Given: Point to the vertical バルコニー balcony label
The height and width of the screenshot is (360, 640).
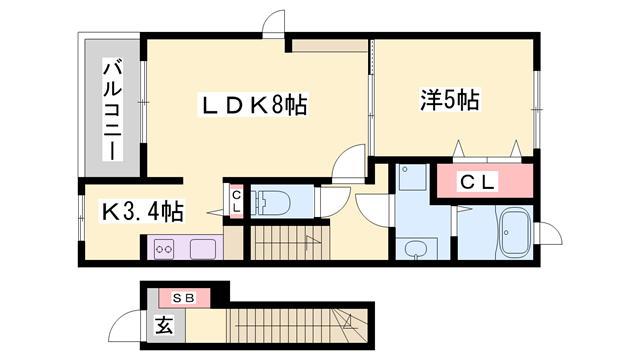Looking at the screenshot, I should [112, 111].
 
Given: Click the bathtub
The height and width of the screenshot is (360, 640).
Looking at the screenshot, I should [515, 232].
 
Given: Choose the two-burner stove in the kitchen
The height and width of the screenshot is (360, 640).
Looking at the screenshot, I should [164, 247].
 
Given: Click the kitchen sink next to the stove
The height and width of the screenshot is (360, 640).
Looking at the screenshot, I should [199, 247].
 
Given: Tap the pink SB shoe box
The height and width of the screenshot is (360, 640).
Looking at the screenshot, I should [184, 297].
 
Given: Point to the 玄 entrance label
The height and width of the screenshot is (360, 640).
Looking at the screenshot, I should [162, 323].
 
